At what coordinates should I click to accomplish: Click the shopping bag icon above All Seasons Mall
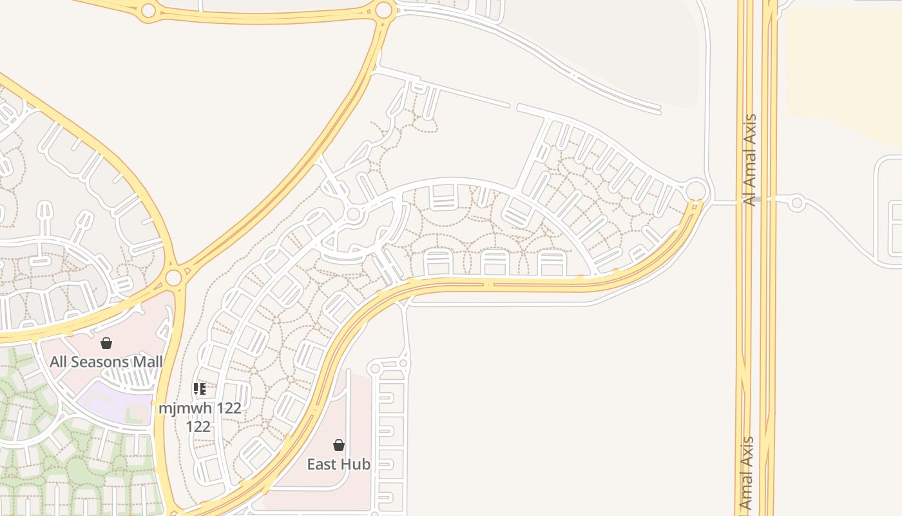tap(106, 343)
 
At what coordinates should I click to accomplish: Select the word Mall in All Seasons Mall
tap(148, 362)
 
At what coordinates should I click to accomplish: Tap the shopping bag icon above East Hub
tap(338, 445)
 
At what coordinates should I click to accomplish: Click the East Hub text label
tap(338, 464)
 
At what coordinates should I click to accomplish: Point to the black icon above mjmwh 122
tap(200, 389)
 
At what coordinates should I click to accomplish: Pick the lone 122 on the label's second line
tap(198, 426)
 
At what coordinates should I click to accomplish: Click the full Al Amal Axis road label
tap(749, 160)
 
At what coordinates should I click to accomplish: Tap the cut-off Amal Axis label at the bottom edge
tap(746, 474)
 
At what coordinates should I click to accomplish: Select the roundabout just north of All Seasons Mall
tap(173, 278)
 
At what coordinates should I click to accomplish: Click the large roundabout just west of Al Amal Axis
tap(696, 191)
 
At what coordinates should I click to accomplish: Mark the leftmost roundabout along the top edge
tap(148, 10)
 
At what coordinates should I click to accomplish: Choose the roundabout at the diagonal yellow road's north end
tap(384, 10)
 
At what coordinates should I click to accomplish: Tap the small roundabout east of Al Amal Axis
tap(797, 203)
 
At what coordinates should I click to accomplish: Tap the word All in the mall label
tap(59, 362)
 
